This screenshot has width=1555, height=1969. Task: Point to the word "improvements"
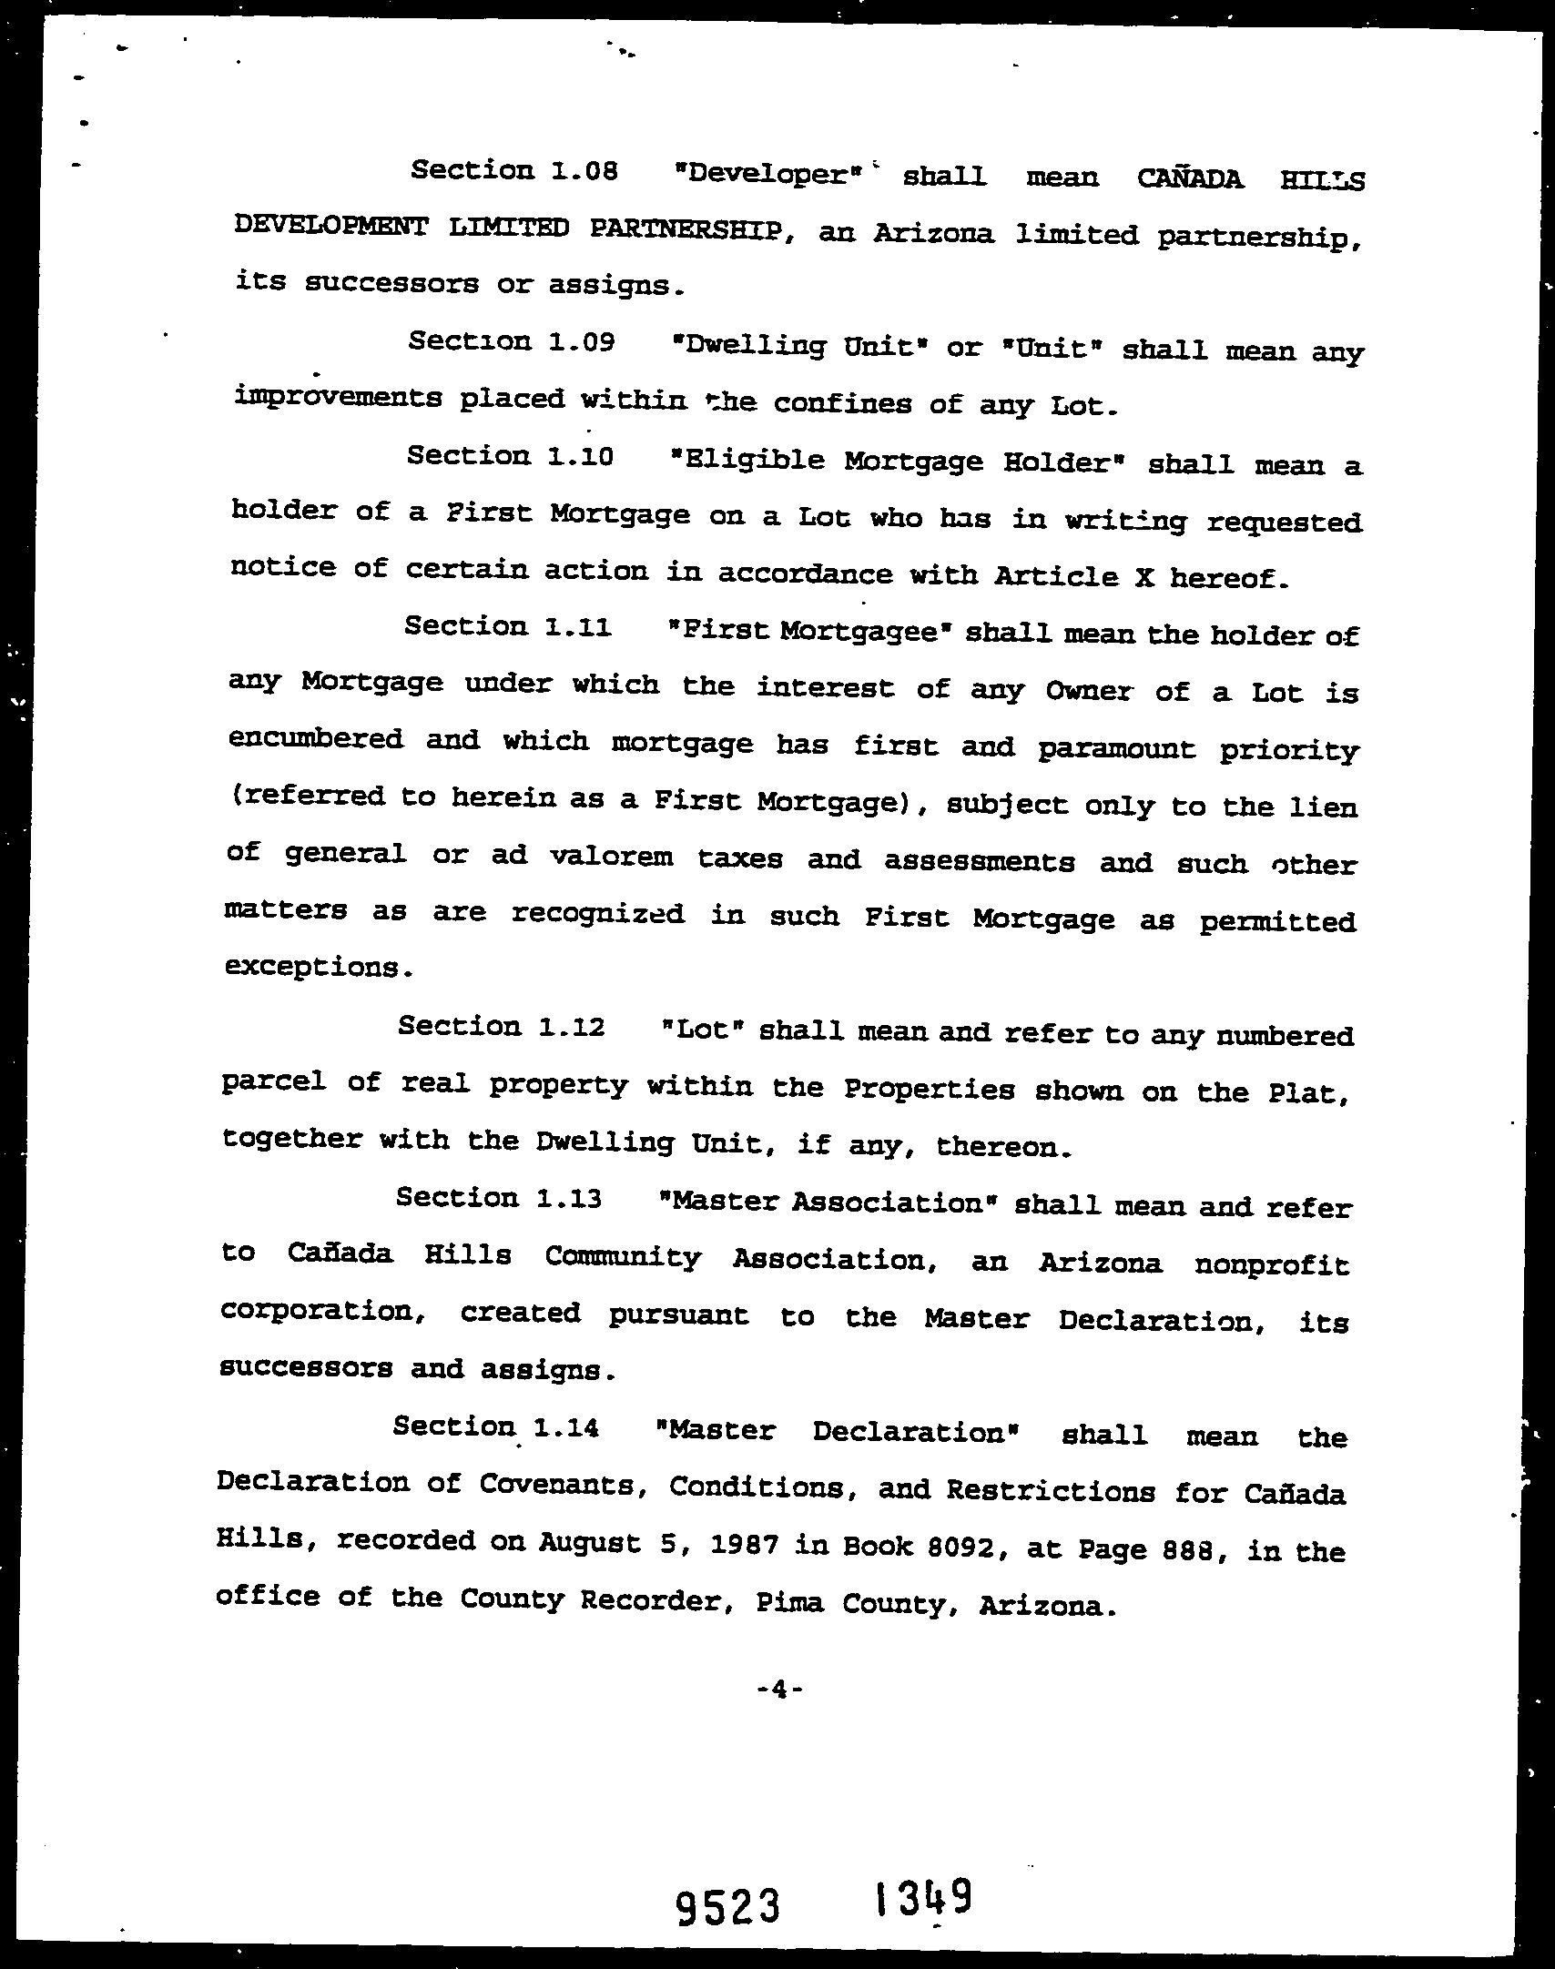337,398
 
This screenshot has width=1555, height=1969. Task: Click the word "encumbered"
315,738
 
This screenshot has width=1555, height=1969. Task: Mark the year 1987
733,1544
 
